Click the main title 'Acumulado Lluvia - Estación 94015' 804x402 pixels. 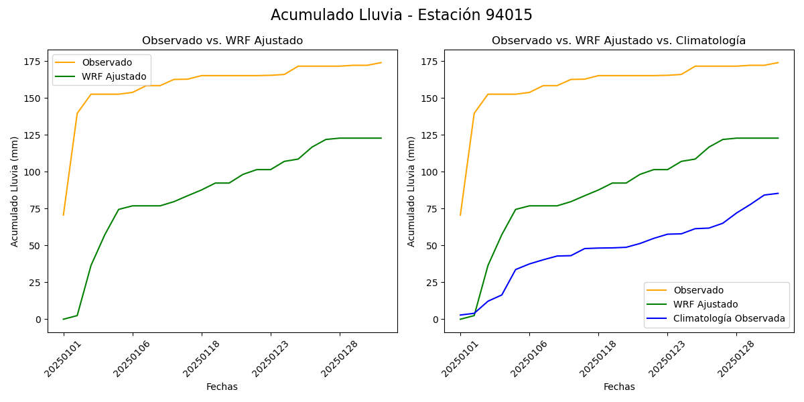click(401, 15)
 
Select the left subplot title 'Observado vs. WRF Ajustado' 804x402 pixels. click(222, 41)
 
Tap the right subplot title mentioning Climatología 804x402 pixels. click(618, 41)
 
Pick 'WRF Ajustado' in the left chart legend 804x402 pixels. click(114, 76)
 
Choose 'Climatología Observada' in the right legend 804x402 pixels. click(732, 318)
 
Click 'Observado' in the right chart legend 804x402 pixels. click(699, 290)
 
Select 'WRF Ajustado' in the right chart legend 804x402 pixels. click(706, 304)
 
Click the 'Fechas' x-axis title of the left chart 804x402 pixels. click(222, 387)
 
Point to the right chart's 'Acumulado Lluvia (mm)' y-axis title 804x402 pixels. click(411, 191)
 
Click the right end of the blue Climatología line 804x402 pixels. click(778, 194)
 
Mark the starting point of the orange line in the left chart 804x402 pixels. click(64, 215)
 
